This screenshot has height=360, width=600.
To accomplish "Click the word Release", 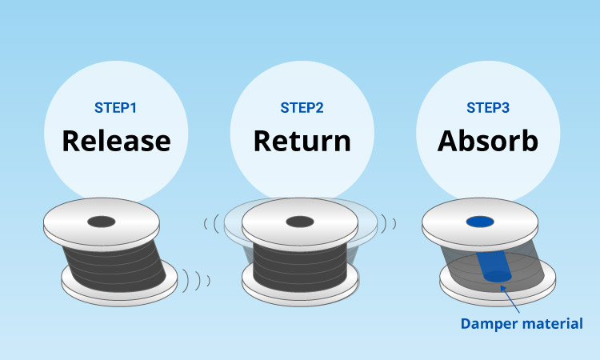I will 116,142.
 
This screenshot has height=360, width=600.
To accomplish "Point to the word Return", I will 302,142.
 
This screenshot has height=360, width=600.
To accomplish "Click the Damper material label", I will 521,323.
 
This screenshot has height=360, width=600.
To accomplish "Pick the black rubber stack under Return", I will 300,259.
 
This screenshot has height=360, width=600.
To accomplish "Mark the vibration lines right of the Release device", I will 195,280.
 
